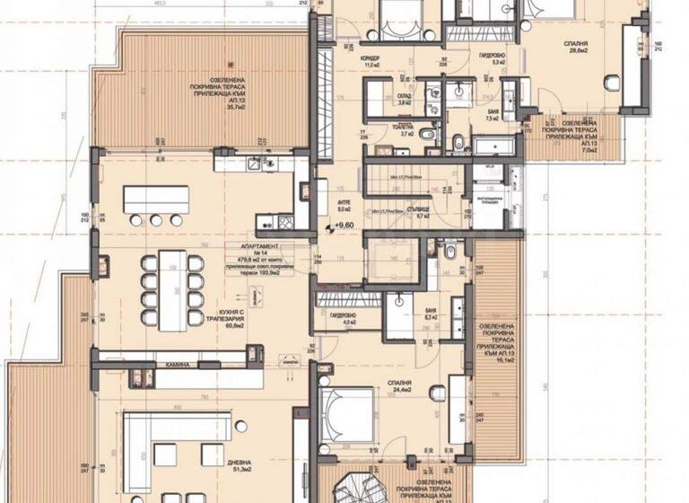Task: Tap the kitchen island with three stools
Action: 156,199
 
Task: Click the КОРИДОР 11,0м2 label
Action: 371,62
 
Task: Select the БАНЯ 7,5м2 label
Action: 493,115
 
